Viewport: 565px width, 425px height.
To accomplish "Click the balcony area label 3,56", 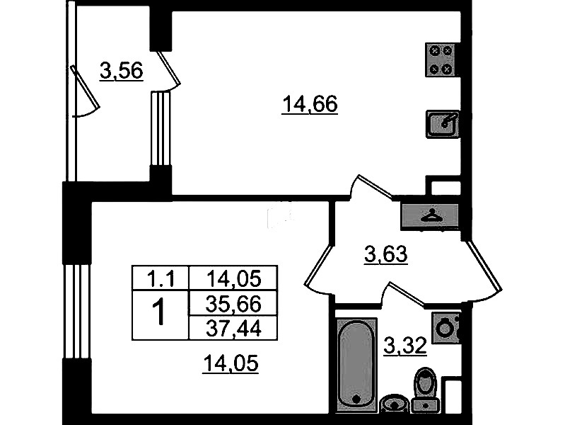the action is (122, 71).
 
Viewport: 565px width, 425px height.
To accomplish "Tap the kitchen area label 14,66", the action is (310, 104).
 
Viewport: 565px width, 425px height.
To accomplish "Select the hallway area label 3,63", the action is (385, 254).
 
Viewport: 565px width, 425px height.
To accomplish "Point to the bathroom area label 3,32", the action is (405, 346).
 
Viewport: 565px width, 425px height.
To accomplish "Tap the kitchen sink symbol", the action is (443, 124).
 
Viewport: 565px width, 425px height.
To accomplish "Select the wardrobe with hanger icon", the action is (430, 217).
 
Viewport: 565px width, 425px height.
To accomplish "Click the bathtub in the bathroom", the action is (356, 365).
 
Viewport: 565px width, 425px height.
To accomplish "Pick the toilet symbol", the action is (425, 390).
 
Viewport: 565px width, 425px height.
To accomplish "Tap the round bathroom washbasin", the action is (394, 403).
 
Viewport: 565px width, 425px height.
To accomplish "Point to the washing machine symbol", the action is (446, 328).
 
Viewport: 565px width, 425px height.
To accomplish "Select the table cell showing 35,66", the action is (233, 304).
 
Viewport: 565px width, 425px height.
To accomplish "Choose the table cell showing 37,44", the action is (233, 328).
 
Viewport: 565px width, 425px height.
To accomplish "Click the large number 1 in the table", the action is (158, 313).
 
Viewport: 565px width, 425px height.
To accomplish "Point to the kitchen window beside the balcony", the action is (160, 128).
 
